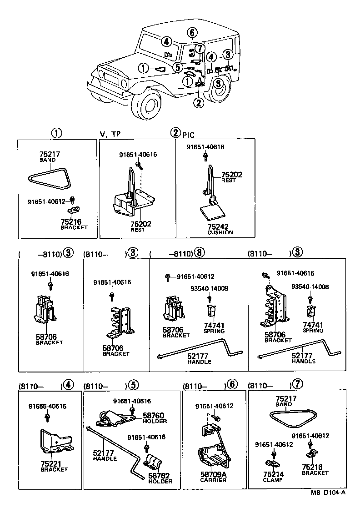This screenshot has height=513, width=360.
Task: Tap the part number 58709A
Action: coord(213,474)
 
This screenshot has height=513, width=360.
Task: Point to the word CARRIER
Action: coord(213,480)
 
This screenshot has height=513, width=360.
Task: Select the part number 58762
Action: coord(160,475)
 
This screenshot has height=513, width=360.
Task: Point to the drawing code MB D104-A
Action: coord(328,505)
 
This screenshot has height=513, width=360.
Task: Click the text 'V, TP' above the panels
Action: coord(110,134)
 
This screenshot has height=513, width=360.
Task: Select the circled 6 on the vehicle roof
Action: coord(192,32)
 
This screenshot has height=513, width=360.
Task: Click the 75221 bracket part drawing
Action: coord(55,443)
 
